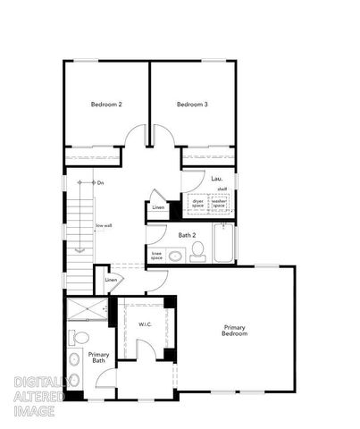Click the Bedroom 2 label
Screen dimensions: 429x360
click(x=107, y=105)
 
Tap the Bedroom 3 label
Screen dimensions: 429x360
click(x=192, y=105)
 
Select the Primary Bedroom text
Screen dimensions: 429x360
click(x=234, y=331)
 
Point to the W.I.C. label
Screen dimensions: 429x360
click(x=145, y=324)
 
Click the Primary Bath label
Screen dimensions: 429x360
click(x=98, y=357)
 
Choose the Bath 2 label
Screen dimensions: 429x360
click(x=187, y=235)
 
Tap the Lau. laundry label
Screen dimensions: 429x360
click(x=216, y=179)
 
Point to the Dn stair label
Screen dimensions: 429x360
click(x=101, y=183)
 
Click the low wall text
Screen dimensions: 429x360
click(x=104, y=226)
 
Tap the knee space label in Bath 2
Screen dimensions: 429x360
click(x=156, y=255)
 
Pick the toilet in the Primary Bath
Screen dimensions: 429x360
click(x=79, y=339)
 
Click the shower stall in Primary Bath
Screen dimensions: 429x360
click(x=87, y=309)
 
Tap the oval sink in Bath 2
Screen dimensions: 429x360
click(x=176, y=257)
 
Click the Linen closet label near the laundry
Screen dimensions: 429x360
click(x=158, y=207)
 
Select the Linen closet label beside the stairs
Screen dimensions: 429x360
click(x=111, y=281)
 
